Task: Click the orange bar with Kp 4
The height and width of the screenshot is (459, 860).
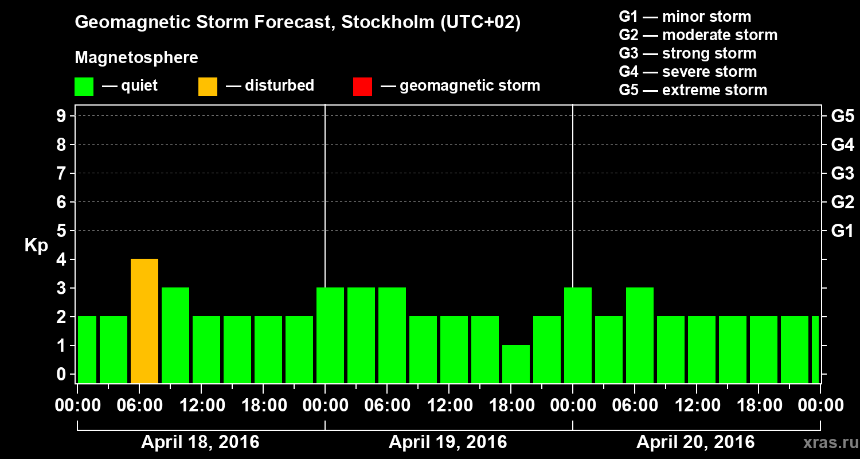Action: click(x=144, y=321)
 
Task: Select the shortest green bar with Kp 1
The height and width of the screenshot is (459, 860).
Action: click(x=516, y=364)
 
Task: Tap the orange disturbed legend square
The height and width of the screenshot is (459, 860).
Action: click(x=208, y=87)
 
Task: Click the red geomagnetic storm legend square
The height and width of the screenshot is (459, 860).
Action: click(x=362, y=87)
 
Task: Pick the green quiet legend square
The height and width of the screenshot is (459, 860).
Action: click(x=84, y=87)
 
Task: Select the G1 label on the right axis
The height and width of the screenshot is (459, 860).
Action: click(x=842, y=231)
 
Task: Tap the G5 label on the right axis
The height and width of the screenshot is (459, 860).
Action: click(x=842, y=116)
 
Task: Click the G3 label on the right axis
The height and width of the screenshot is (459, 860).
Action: click(x=842, y=174)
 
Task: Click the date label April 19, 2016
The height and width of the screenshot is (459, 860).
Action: click(x=448, y=442)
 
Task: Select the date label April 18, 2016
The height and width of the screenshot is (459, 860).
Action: click(x=200, y=442)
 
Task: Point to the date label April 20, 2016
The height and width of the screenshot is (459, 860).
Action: click(x=695, y=442)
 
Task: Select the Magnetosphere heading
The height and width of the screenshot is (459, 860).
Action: click(x=136, y=58)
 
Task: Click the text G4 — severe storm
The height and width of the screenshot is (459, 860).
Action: click(x=687, y=72)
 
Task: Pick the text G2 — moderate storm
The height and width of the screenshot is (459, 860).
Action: click(x=698, y=35)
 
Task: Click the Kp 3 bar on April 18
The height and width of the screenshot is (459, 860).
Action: click(x=175, y=335)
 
